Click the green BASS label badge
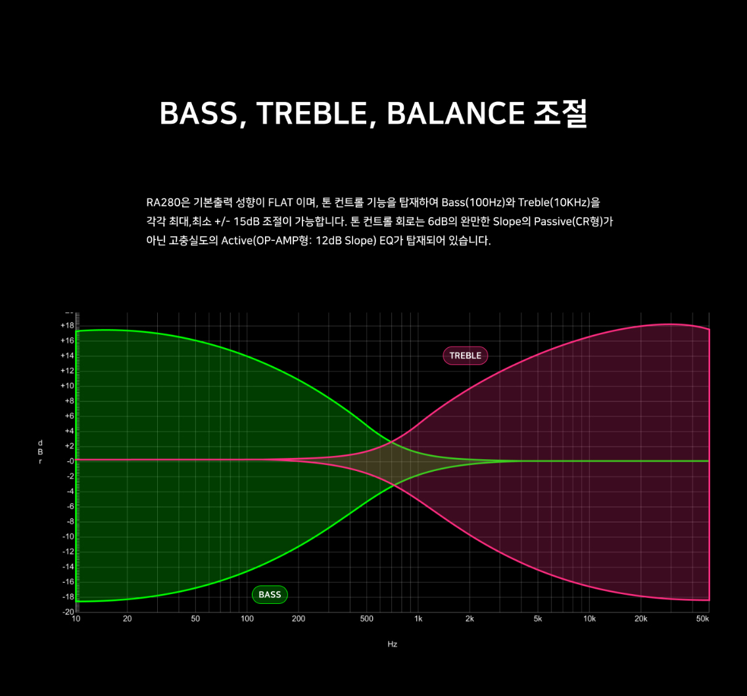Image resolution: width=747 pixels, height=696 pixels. point(270,595)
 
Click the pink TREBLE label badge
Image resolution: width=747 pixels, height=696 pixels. point(466,356)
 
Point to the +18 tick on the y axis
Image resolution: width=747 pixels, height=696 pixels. point(67,326)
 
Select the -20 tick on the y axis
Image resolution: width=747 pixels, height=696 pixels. point(68,612)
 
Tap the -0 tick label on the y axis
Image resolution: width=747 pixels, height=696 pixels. point(70,461)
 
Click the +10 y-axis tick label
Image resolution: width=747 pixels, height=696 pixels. point(67,385)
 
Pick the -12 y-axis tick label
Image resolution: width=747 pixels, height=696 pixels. point(68,551)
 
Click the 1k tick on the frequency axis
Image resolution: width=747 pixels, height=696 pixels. point(418,619)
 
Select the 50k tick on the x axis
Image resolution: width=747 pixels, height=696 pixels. point(703,619)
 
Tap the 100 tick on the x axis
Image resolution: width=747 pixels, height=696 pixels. point(247,619)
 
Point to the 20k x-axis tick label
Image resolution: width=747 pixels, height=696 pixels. point(640,619)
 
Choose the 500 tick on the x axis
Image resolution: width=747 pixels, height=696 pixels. point(367,619)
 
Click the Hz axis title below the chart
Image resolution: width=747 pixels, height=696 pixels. point(392,644)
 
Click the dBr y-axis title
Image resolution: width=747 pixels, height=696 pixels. point(40,452)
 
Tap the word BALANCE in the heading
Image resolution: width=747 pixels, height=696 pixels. point(456,113)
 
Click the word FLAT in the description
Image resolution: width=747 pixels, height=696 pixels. point(280,203)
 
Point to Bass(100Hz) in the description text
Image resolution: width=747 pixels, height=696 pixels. point(473,203)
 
